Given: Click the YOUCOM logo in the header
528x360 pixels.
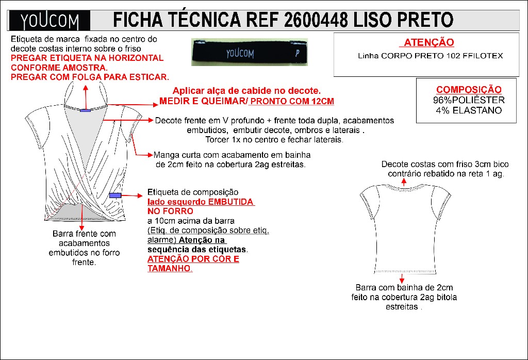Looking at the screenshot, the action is click(49, 21).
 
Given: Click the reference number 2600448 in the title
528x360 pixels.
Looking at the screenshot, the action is click(316, 20).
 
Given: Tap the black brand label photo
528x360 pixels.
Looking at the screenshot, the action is click(249, 52).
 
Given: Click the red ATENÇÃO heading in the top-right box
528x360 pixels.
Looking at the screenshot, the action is click(428, 42).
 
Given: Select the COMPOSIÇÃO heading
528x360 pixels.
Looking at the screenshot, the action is click(469, 90).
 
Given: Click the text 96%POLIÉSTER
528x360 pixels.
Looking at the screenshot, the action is click(469, 100).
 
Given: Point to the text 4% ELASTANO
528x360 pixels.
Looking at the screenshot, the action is click(469, 110).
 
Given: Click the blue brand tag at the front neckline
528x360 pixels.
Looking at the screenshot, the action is click(86, 110).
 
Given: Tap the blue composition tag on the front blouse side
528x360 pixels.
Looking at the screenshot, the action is click(115, 195).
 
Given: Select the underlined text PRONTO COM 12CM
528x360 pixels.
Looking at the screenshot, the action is click(292, 102).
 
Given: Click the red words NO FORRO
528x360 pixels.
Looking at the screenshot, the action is click(170, 211).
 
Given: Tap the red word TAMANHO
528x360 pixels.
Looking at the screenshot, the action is click(169, 268).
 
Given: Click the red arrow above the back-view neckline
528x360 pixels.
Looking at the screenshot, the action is click(404, 182).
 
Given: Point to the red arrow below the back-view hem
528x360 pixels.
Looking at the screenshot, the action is click(402, 278).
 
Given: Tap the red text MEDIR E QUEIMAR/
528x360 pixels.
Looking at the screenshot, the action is click(204, 102).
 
